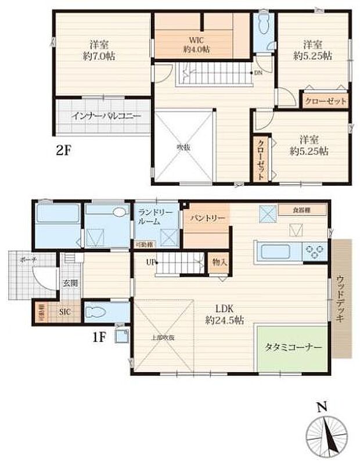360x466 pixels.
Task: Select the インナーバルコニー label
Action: (106, 116)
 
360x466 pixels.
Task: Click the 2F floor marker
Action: (63, 151)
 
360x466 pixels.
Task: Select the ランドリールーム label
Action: (156, 218)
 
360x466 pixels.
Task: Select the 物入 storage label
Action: (219, 262)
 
